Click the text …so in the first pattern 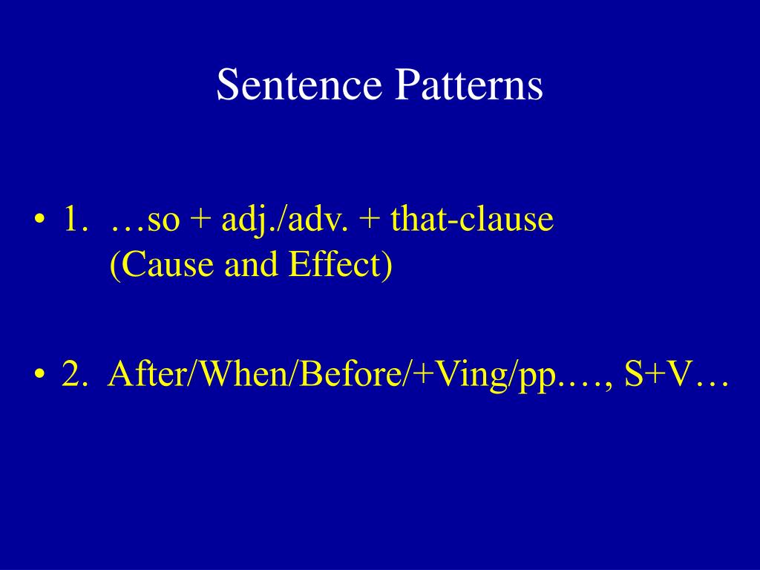(145, 221)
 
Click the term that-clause (472, 221)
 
